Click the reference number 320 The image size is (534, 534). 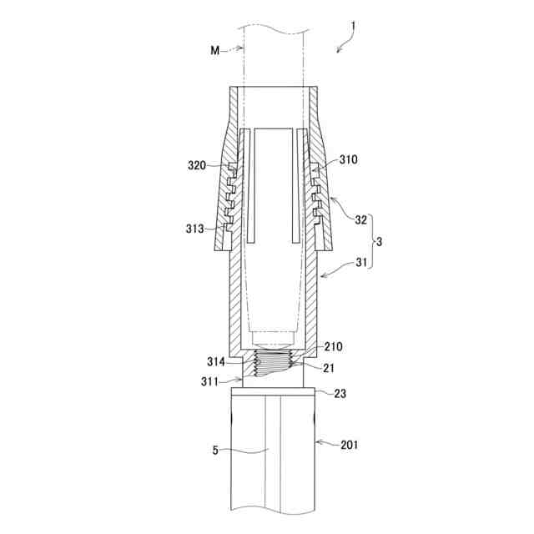(x=197, y=165)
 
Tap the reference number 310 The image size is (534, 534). (x=349, y=159)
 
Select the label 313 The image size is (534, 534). (x=194, y=229)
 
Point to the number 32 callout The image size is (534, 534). (x=361, y=220)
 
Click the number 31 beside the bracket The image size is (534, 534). (x=361, y=262)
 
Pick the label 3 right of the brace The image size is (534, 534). (x=379, y=242)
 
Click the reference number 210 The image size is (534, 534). (x=333, y=347)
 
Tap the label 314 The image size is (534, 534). (x=216, y=361)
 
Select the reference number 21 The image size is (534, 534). (x=328, y=368)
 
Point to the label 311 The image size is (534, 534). (x=209, y=382)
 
